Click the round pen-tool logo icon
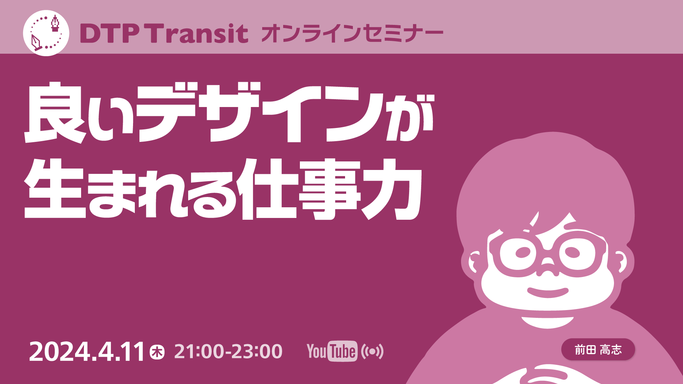click(x=46, y=33)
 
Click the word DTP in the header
click(x=110, y=34)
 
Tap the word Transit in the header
click(x=198, y=33)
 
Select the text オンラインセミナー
click(x=352, y=34)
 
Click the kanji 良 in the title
click(x=55, y=113)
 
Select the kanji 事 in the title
click(x=329, y=189)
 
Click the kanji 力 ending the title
click(x=392, y=189)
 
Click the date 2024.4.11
click(x=86, y=352)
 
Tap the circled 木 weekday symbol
click(x=157, y=352)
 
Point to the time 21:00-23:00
click(x=228, y=351)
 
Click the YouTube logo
click(x=332, y=351)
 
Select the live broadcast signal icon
click(x=372, y=352)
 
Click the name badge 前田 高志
click(x=598, y=350)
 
